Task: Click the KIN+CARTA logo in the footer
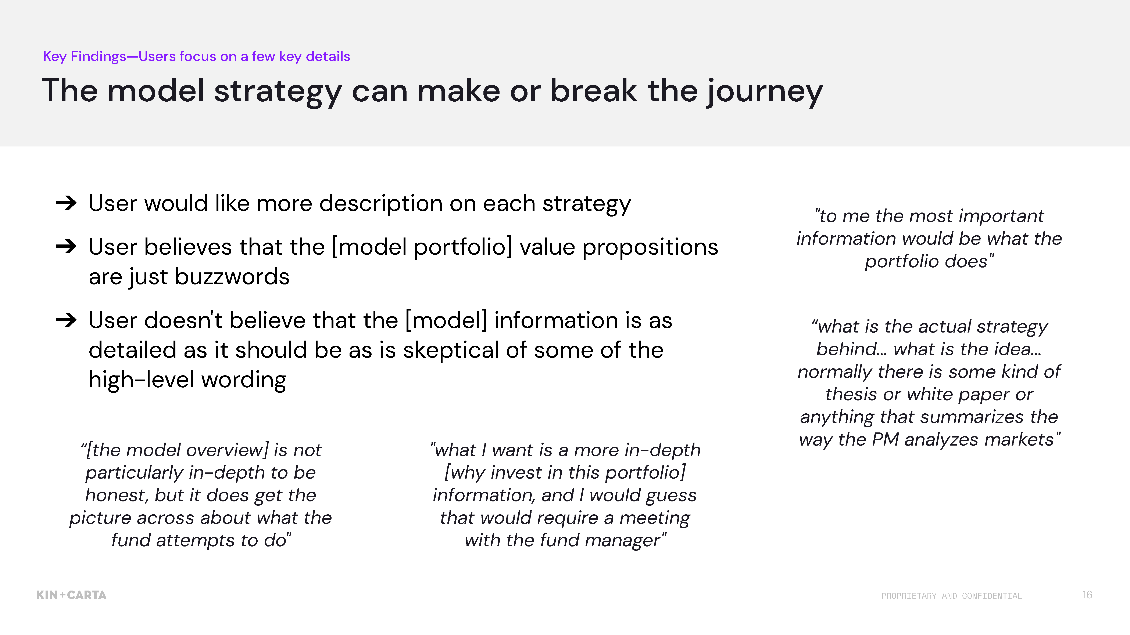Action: [x=71, y=595]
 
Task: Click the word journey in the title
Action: [x=765, y=92]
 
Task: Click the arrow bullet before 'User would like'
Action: [x=66, y=203]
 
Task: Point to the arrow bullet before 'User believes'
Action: [x=66, y=246]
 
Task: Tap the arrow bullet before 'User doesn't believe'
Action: [x=66, y=320]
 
